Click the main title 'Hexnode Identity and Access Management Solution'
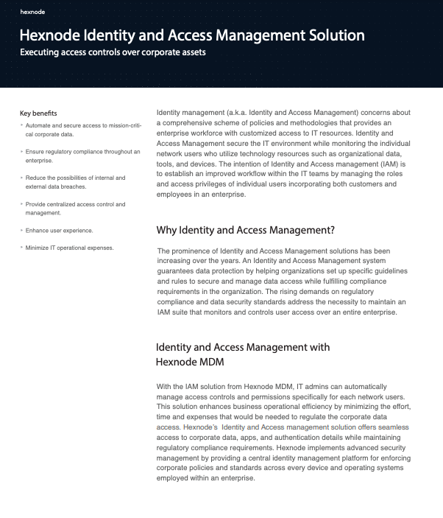pos(192,35)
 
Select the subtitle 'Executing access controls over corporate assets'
pos(112,52)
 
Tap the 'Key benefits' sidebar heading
pos(38,113)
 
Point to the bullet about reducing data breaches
pos(66,182)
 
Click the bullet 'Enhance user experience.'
pos(60,231)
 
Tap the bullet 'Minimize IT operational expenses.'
pos(70,248)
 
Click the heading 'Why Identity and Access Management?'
pos(247,231)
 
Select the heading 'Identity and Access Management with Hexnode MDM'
pos(243,354)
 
